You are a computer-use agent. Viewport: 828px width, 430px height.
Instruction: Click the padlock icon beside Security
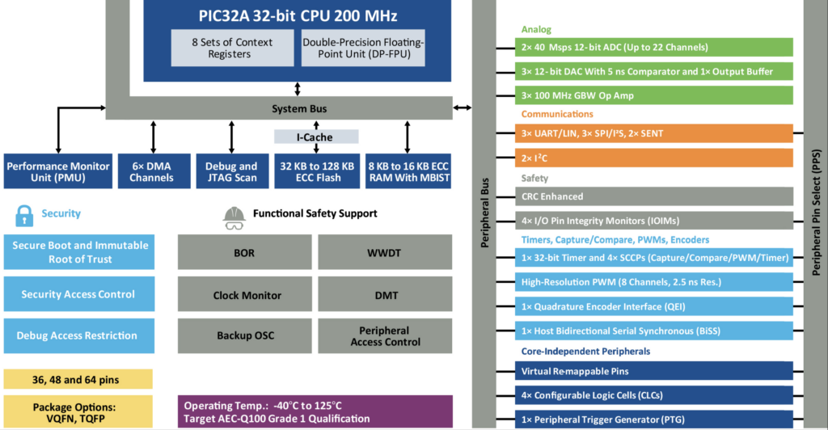(25, 214)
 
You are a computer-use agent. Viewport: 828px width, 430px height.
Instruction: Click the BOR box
(244, 253)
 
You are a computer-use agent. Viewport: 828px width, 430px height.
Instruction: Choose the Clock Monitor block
(244, 295)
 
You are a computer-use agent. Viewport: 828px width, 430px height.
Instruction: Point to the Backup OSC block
(244, 335)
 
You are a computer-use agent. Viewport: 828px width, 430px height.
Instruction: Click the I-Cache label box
(315, 137)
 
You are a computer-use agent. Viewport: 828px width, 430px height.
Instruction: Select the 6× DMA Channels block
(153, 171)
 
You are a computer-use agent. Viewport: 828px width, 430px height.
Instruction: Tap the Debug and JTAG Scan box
(231, 171)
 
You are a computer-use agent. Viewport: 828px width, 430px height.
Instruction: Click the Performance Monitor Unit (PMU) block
(57, 171)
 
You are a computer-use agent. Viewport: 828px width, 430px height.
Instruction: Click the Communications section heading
(557, 114)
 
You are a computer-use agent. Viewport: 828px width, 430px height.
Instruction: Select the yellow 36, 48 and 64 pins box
(78, 378)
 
